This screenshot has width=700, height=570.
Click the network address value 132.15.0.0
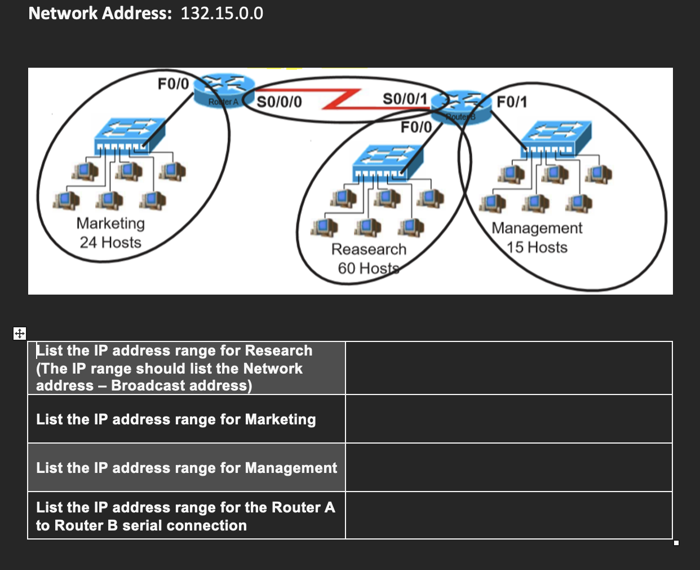point(221,13)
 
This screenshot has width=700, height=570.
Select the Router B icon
point(460,107)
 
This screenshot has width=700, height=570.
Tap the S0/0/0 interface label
point(279,102)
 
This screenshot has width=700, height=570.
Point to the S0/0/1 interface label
point(405,99)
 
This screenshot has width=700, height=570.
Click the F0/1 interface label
point(512,102)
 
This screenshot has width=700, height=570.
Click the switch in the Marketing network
point(130,134)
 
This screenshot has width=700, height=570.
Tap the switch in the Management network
point(556,138)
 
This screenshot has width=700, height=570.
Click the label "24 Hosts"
point(110,243)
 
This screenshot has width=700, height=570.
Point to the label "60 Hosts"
point(368,268)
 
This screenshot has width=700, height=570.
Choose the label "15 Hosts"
point(537,248)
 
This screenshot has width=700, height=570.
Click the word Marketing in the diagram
point(110,223)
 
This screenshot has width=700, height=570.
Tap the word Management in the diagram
point(537,228)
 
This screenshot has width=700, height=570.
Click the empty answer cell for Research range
point(508,368)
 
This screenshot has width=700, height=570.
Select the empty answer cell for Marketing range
point(508,419)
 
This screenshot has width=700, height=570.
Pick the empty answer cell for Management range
point(508,467)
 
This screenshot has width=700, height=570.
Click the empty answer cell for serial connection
point(508,515)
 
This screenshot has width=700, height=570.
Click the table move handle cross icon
point(19,333)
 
